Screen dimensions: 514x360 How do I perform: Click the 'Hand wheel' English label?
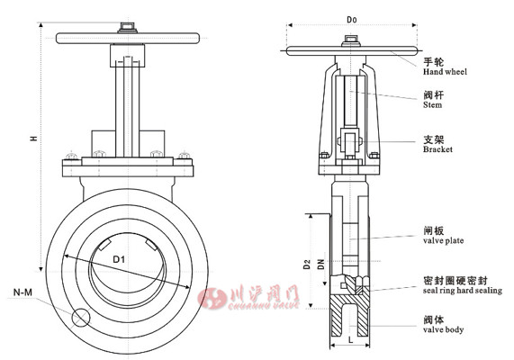coord(445,72)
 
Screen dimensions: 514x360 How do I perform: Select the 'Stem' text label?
coord(432,105)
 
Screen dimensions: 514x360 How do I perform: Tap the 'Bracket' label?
coord(437,149)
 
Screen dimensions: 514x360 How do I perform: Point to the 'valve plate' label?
coord(443,240)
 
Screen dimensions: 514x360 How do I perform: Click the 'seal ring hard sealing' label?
coord(462,291)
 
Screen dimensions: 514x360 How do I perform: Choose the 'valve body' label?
coord(443,329)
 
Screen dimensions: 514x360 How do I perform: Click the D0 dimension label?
coord(352,20)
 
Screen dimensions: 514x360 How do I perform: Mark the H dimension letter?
coord(34,138)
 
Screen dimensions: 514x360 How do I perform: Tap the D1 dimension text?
coord(119,260)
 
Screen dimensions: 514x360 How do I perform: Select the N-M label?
coord(23,292)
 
